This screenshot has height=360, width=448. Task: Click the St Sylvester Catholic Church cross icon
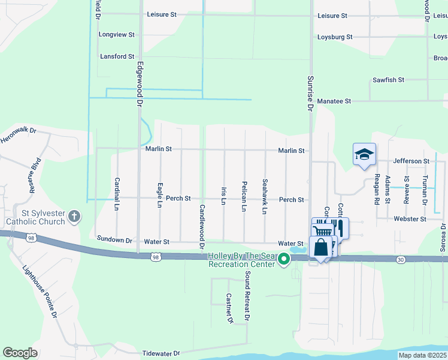pyautogui.click(x=74, y=215)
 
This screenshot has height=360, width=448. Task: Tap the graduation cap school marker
pyautogui.click(x=364, y=154)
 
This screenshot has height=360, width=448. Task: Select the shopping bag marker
pyautogui.click(x=321, y=247)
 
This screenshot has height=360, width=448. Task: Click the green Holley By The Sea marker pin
pyautogui.click(x=284, y=259)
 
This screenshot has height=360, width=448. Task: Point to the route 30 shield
pyautogui.click(x=401, y=259)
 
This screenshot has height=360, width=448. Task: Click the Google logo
pyautogui.click(x=20, y=353)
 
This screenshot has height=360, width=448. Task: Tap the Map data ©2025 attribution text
pyautogui.click(x=422, y=355)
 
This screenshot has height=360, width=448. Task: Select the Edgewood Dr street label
pyautogui.click(x=140, y=84)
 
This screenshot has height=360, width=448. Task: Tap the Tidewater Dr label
pyautogui.click(x=161, y=354)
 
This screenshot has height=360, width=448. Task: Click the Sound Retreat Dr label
pyautogui.click(x=246, y=297)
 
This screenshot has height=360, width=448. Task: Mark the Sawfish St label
pyautogui.click(x=388, y=79)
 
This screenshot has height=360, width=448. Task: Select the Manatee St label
pyautogui.click(x=334, y=101)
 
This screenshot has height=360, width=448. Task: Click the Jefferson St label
pyautogui.click(x=411, y=161)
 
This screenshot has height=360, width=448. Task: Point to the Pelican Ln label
pyautogui.click(x=244, y=196)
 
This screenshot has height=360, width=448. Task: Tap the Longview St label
pyautogui.click(x=116, y=35)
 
